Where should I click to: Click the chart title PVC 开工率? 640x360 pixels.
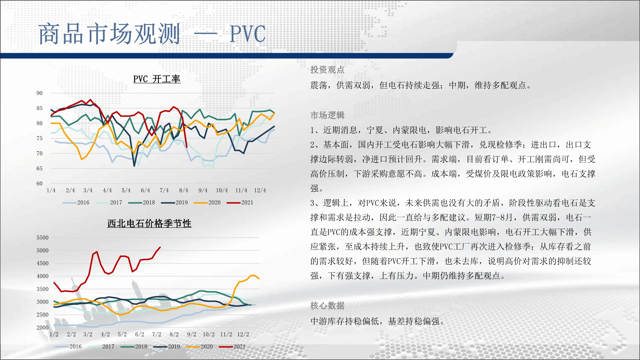157,79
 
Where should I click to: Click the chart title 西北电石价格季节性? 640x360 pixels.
149,223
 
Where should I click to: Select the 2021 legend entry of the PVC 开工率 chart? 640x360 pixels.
240,203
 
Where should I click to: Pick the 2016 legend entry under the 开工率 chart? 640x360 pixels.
76,203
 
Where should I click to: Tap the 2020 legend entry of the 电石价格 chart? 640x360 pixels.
199,347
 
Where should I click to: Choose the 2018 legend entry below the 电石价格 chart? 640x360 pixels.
134,347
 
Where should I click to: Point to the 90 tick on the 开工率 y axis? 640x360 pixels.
39,93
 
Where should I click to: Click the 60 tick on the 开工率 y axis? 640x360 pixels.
39,183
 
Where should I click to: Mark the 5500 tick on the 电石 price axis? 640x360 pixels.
43,238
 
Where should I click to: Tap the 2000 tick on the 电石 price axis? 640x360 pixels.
43,327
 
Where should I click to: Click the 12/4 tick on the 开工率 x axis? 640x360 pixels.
260,190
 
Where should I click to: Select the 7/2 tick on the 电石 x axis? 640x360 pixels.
157,334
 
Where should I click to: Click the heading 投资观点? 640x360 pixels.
327,70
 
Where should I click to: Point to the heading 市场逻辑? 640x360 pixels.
327,115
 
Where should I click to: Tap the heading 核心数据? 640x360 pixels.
327,306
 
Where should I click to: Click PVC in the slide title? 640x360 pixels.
248,34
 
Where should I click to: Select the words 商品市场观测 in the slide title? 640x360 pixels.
109,34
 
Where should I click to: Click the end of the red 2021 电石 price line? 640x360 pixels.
160,247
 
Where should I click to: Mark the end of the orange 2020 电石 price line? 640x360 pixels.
259,279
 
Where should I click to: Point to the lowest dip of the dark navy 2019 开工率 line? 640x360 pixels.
134,166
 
